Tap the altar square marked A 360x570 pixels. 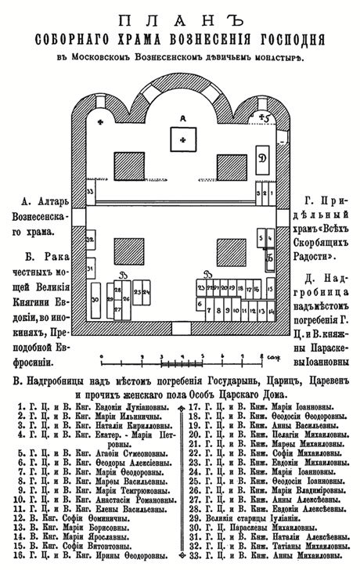coord(183,141)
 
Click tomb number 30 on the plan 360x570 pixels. coord(95,300)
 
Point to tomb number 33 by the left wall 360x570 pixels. coord(91,191)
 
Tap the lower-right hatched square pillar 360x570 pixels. coord(231,251)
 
